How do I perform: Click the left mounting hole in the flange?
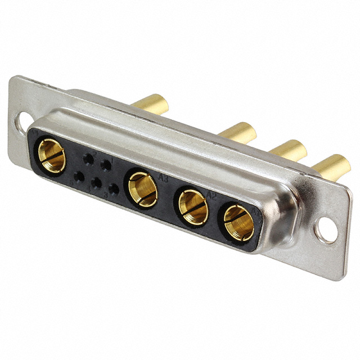pos(22,120)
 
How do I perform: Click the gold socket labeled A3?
pos(142,189)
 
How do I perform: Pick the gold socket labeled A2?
pos(193,207)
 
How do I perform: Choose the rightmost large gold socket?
pos(239,222)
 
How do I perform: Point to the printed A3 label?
pos(164,179)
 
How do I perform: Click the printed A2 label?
pos(212,196)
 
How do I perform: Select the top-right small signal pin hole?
pos(105,165)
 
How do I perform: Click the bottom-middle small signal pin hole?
pos(96,183)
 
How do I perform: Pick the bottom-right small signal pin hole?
pos(114,189)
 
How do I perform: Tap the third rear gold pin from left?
pos(287,150)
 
